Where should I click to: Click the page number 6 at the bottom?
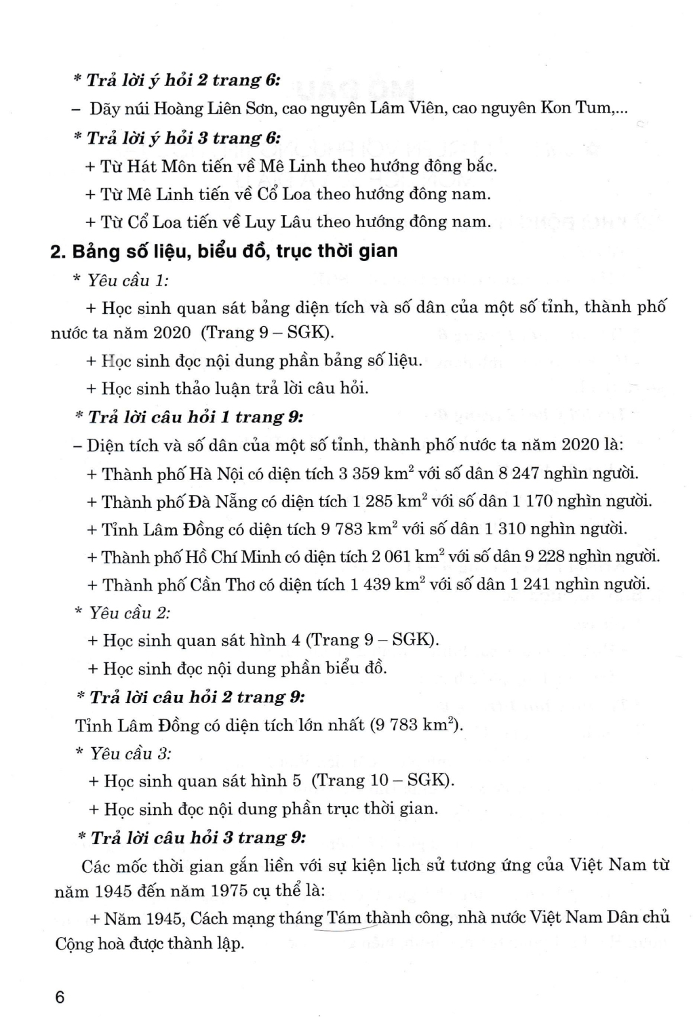click(60, 998)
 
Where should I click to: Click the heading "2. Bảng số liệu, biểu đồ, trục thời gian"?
click(224, 251)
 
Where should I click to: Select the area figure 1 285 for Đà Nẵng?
click(376, 502)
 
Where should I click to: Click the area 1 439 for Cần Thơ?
click(374, 584)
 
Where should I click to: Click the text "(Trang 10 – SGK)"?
click(382, 780)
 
